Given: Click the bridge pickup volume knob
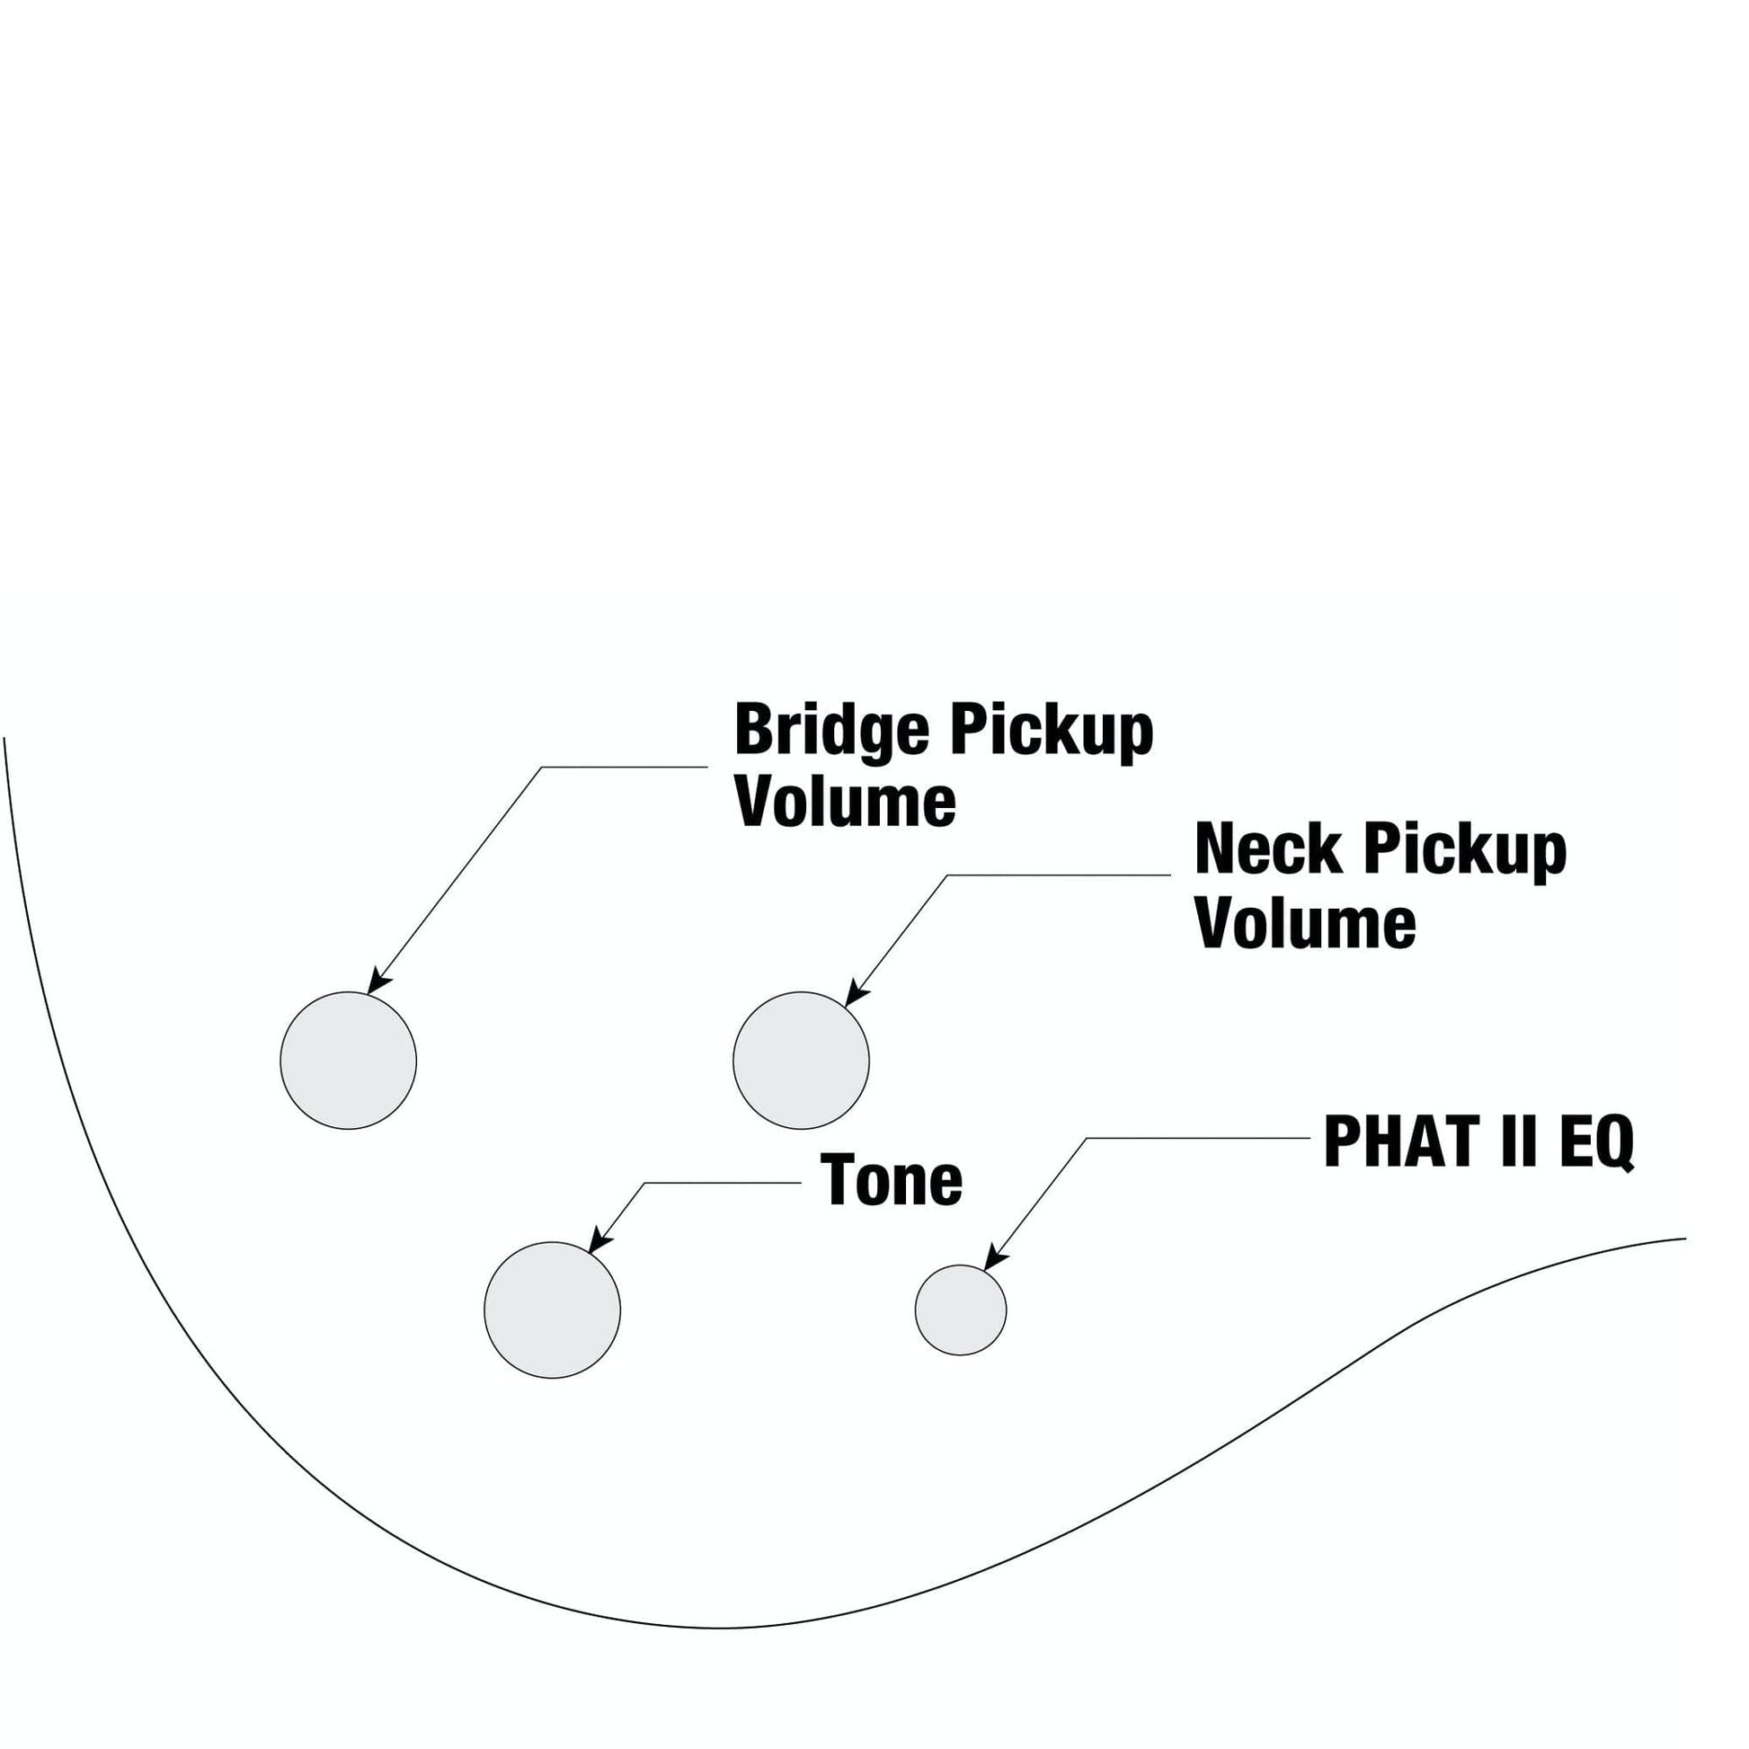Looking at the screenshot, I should pyautogui.click(x=349, y=1060).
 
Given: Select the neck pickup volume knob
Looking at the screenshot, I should pyautogui.click(x=801, y=1060).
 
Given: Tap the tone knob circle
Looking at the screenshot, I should pyautogui.click(x=552, y=1310).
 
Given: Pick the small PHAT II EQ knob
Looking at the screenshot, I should pyautogui.click(x=961, y=1310).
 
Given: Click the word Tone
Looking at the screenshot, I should pyautogui.click(x=891, y=1181).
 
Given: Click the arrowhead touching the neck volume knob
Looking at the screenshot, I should pyautogui.click(x=853, y=997).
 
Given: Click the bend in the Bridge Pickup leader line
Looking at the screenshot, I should pyautogui.click(x=541, y=768).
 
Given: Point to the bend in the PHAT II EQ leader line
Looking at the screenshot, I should pyautogui.click(x=1087, y=1139).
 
